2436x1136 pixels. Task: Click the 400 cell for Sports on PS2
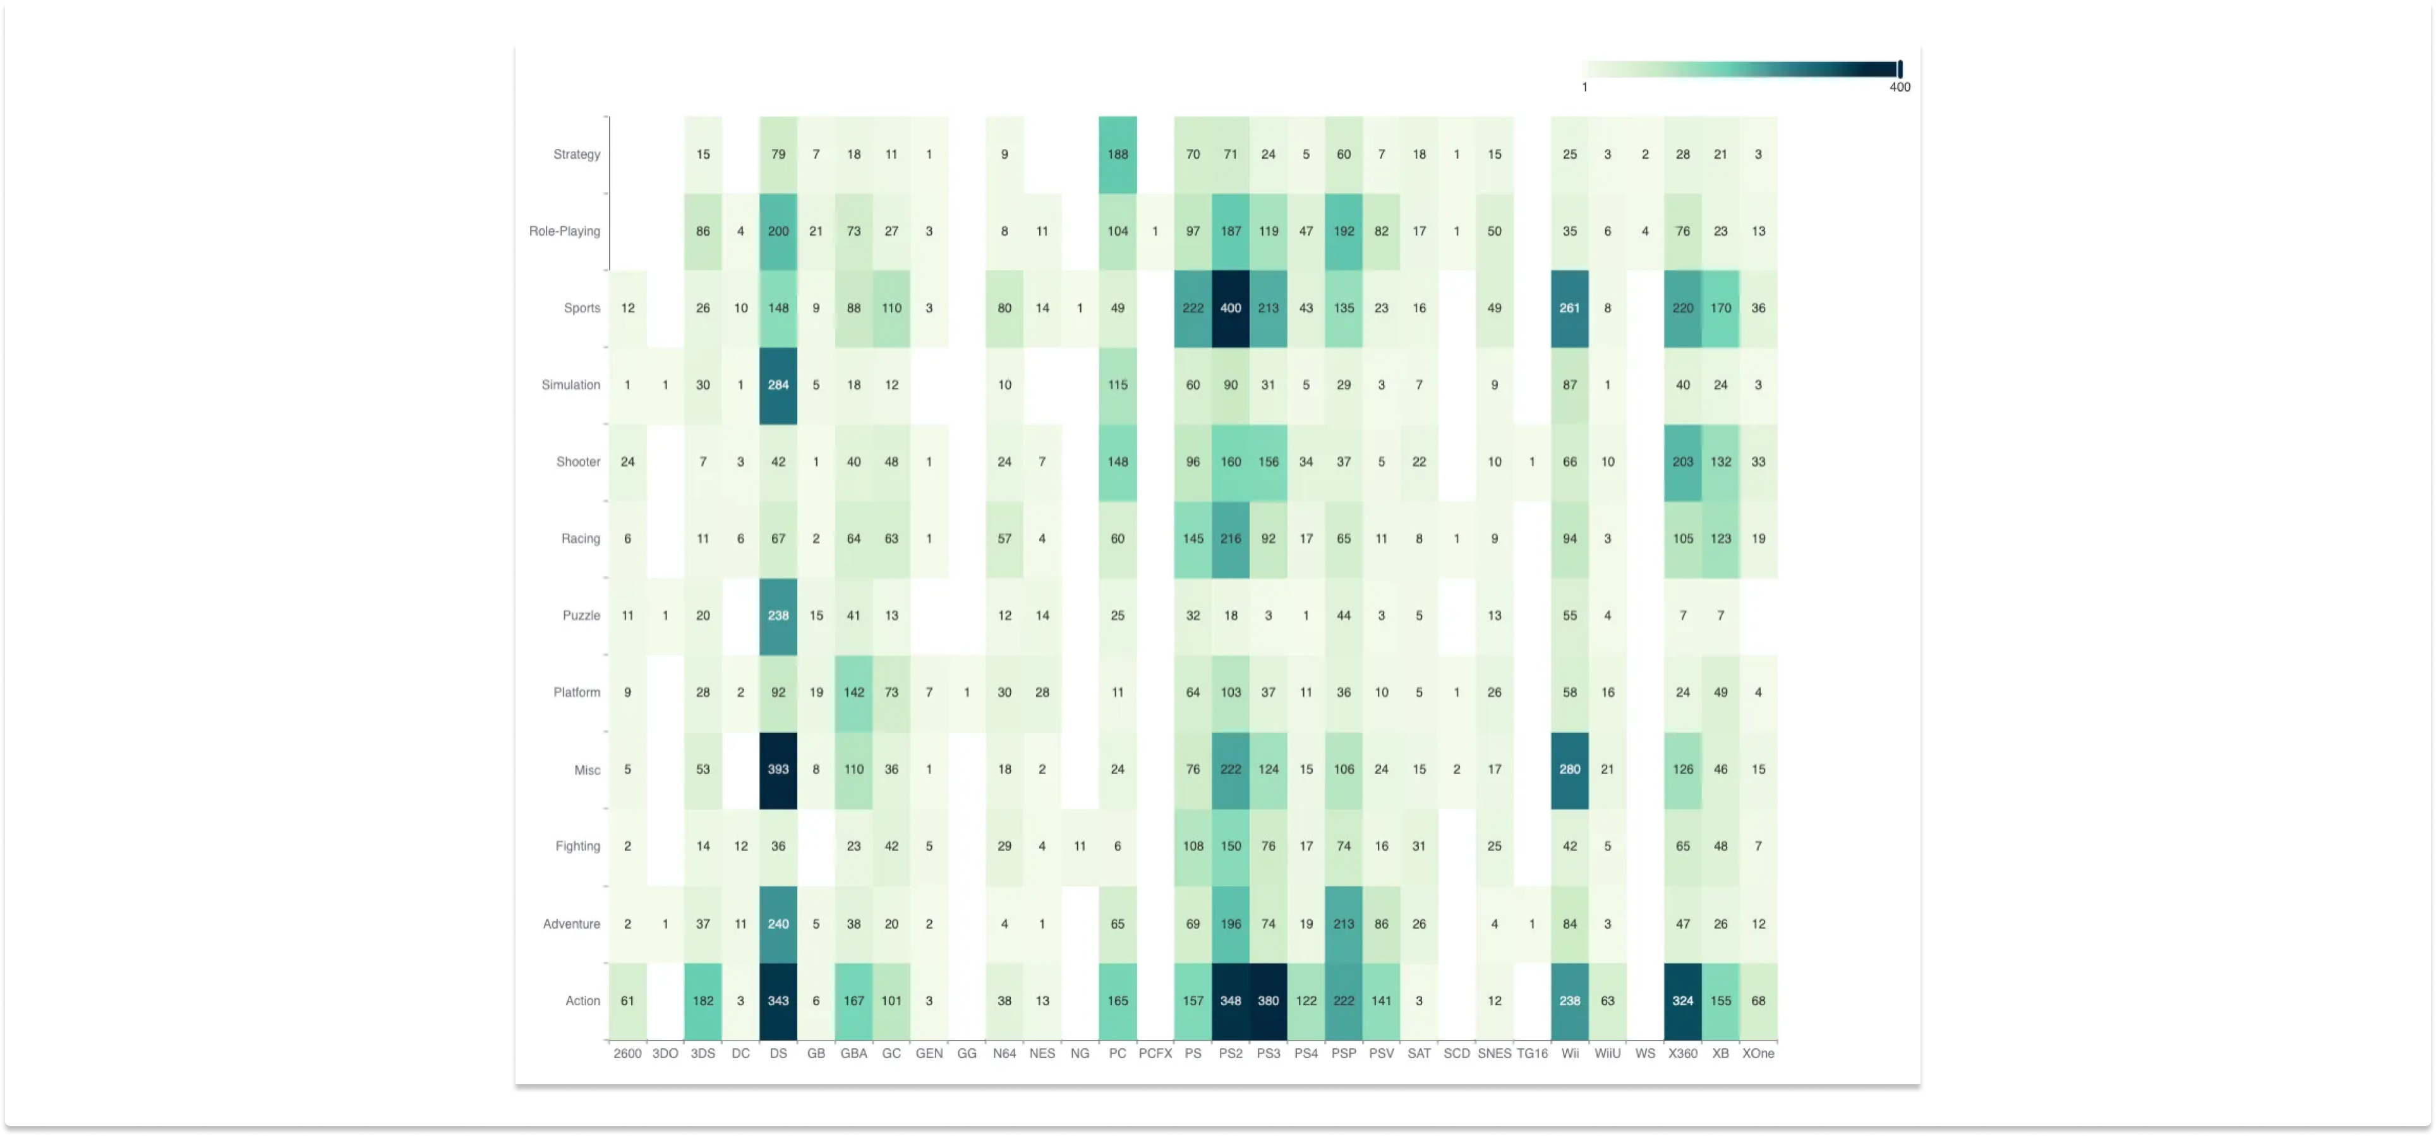1229,308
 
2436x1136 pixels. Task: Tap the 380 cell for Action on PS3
1267,1001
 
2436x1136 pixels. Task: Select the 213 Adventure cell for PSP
1343,924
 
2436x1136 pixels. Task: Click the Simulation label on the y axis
570,385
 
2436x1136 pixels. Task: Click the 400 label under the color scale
1899,87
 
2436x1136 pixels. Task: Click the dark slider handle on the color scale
1899,69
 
